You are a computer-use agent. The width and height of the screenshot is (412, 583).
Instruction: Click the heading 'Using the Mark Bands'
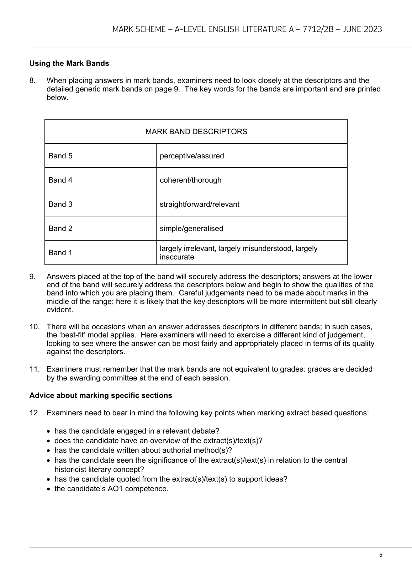click(69, 63)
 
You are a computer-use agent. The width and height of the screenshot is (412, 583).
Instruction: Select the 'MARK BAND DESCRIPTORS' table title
click(196, 132)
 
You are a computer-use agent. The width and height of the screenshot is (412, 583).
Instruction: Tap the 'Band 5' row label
click(60, 156)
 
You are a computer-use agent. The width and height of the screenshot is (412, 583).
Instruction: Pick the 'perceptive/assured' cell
click(192, 156)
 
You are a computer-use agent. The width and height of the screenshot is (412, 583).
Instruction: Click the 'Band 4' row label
click(60, 180)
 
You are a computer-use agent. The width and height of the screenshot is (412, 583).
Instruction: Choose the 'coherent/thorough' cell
click(190, 180)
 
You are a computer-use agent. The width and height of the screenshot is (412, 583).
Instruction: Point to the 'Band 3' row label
click(60, 204)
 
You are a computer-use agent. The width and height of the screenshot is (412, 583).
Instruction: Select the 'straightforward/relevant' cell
click(199, 204)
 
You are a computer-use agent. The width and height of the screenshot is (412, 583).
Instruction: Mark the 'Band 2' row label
click(60, 229)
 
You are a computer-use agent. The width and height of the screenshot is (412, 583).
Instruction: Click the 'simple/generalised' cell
click(191, 229)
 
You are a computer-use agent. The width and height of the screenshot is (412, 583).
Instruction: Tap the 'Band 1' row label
click(60, 253)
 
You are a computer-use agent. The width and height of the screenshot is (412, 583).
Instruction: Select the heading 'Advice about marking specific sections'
click(101, 395)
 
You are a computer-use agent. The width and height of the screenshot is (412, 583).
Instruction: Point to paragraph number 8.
click(32, 80)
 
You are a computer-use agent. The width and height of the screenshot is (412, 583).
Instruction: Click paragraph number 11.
click(34, 369)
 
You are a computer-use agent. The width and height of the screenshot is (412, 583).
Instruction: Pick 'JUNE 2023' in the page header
click(362, 29)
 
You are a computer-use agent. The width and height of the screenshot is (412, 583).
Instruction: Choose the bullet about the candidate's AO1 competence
click(111, 489)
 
